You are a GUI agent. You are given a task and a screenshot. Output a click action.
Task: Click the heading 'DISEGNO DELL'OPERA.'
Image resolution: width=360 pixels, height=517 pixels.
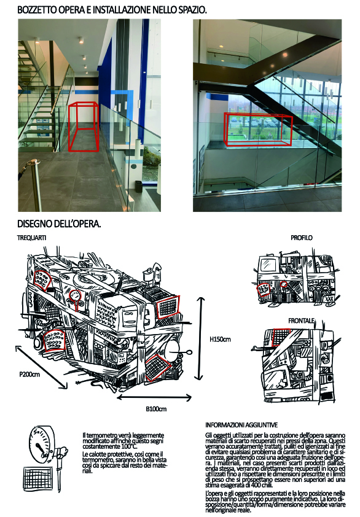pyautogui.click(x=59, y=224)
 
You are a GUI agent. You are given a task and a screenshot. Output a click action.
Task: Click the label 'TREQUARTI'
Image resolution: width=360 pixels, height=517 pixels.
pyautogui.click(x=32, y=238)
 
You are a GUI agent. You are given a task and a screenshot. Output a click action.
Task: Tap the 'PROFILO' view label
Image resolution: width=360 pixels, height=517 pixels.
pyautogui.click(x=301, y=238)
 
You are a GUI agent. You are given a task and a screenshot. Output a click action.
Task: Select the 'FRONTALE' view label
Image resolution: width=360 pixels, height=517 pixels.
pyautogui.click(x=301, y=321)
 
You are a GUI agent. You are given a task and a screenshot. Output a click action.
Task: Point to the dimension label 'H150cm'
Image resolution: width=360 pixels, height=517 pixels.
pyautogui.click(x=220, y=339)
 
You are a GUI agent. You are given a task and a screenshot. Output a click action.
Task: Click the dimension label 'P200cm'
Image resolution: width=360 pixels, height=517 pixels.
pyautogui.click(x=29, y=374)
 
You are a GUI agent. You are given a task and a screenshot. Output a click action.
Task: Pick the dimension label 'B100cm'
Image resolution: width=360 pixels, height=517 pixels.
pyautogui.click(x=156, y=409)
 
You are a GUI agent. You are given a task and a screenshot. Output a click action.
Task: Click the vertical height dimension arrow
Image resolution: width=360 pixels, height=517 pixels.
pyautogui.click(x=199, y=338)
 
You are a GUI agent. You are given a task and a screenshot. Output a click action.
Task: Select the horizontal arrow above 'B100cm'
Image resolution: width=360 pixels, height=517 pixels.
pyautogui.click(x=154, y=398)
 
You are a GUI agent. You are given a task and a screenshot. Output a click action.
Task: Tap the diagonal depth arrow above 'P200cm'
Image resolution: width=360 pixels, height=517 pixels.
pyautogui.click(x=41, y=367)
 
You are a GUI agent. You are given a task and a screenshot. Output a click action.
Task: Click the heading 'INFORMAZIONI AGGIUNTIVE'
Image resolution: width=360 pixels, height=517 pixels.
pyautogui.click(x=241, y=425)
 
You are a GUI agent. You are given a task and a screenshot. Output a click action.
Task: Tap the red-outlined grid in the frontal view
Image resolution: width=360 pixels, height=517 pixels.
pyautogui.click(x=281, y=336)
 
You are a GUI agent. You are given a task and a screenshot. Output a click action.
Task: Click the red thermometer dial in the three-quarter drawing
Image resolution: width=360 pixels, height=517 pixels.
pyautogui.click(x=76, y=295)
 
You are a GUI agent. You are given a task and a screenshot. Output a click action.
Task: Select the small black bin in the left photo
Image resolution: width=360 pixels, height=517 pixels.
pyautogui.click(x=139, y=186)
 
